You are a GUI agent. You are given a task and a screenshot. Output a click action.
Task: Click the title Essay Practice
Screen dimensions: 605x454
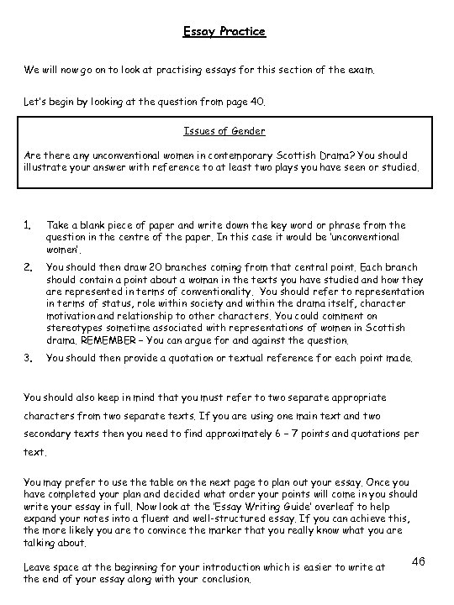(224, 32)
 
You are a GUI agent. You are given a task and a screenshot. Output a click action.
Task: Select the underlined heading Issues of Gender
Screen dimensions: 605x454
(224, 131)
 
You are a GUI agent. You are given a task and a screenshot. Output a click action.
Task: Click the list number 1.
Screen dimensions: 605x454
(27, 225)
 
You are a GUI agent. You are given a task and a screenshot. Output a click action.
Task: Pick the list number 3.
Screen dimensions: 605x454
(27, 357)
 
